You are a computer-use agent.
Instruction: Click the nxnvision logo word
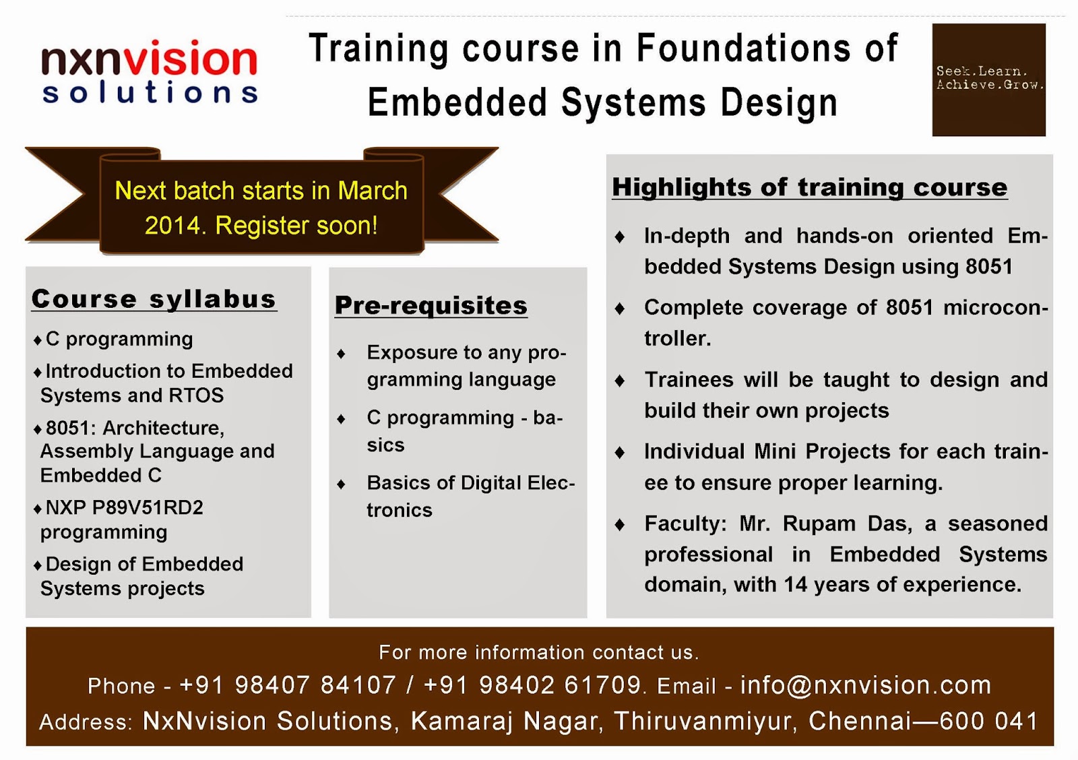[x=150, y=59]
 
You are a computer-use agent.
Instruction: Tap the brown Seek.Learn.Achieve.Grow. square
[x=988, y=80]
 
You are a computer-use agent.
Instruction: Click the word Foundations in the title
[x=744, y=49]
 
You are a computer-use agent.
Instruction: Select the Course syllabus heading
[x=154, y=299]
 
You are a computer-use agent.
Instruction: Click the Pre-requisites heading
[x=431, y=306]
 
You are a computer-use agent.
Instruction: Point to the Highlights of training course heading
[x=809, y=187]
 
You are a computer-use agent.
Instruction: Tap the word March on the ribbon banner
[x=373, y=191]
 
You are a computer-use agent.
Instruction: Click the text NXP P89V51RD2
[x=125, y=507]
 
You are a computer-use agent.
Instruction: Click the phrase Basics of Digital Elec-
[x=470, y=483]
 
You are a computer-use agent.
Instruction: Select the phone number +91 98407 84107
[x=288, y=686]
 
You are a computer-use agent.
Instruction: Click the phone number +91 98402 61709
[x=532, y=686]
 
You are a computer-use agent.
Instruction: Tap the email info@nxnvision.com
[x=866, y=686]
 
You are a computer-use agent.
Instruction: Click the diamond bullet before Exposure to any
[x=342, y=354]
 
